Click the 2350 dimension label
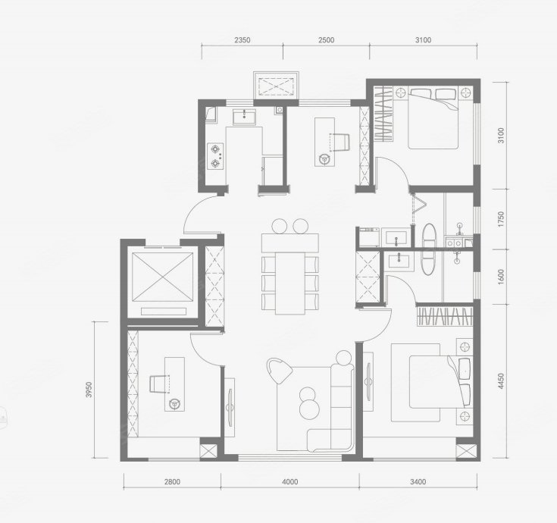tap(243, 40)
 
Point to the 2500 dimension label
tap(326, 40)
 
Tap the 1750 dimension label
tap(501, 220)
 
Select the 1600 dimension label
tap(501, 277)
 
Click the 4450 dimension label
tap(501, 381)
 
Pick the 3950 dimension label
tap(89, 390)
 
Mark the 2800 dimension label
tap(172, 482)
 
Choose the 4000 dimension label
tap(289, 482)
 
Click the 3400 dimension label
tap(418, 482)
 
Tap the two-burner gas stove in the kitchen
tap(215, 156)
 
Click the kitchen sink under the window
tap(244, 117)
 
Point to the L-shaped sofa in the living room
tap(331, 409)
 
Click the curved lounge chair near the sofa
tap(279, 371)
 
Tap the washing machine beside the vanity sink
tap(369, 237)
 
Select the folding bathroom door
tap(418, 208)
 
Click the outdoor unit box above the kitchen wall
tap(276, 85)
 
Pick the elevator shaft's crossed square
tap(163, 277)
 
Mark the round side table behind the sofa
tap(344, 358)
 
